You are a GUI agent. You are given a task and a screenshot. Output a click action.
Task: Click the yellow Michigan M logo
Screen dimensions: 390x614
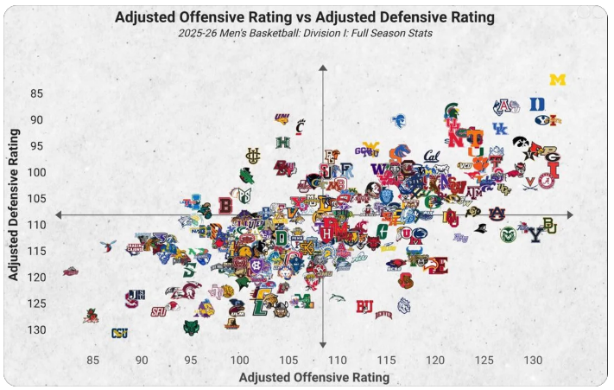tap(558, 80)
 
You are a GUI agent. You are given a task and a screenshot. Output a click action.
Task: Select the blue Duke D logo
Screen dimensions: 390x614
tap(537, 104)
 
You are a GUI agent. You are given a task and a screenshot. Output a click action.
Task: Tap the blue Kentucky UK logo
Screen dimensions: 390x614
tap(501, 128)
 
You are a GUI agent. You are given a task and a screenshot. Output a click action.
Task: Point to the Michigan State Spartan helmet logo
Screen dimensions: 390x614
tap(451, 110)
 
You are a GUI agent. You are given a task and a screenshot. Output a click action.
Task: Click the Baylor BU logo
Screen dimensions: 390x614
tap(549, 226)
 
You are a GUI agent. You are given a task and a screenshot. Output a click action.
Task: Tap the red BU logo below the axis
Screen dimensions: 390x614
tap(364, 305)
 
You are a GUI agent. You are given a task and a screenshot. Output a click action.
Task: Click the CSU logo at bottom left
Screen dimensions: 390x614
tap(119, 333)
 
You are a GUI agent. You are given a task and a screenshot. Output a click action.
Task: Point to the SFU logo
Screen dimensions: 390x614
tap(159, 310)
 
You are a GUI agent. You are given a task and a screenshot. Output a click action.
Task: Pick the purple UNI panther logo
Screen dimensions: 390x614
tap(282, 118)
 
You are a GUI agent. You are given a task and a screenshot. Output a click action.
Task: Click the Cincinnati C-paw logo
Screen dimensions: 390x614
tap(301, 125)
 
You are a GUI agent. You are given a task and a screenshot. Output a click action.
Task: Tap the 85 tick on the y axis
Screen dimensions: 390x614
tap(60, 93)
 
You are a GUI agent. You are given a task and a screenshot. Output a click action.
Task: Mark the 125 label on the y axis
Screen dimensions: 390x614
tap(56, 304)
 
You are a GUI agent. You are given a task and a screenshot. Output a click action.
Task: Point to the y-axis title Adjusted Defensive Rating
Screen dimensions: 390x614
tap(15, 206)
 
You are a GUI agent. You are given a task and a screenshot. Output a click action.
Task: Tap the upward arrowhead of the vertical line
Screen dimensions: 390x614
tap(323, 67)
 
